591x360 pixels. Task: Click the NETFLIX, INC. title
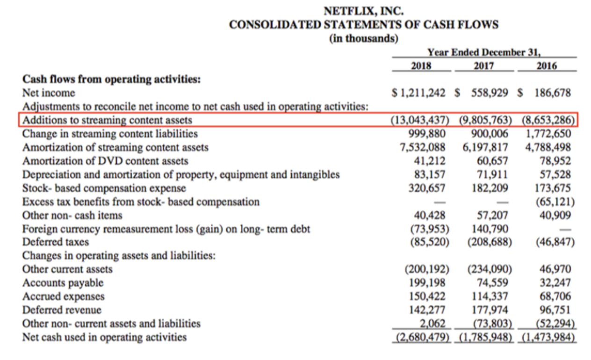coord(364,10)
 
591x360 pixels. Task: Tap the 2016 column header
coord(547,66)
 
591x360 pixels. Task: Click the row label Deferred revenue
coord(62,310)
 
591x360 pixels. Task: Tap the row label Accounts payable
coord(63,283)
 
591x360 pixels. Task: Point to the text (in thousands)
coord(364,38)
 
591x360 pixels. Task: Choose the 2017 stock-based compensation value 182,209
coord(490,188)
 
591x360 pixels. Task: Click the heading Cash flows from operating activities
coord(112,79)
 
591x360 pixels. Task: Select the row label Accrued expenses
coord(64,296)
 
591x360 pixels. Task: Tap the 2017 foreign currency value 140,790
coord(490,229)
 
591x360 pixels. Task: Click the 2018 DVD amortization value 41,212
coord(430,161)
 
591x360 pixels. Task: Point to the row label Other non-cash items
coord(72,216)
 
